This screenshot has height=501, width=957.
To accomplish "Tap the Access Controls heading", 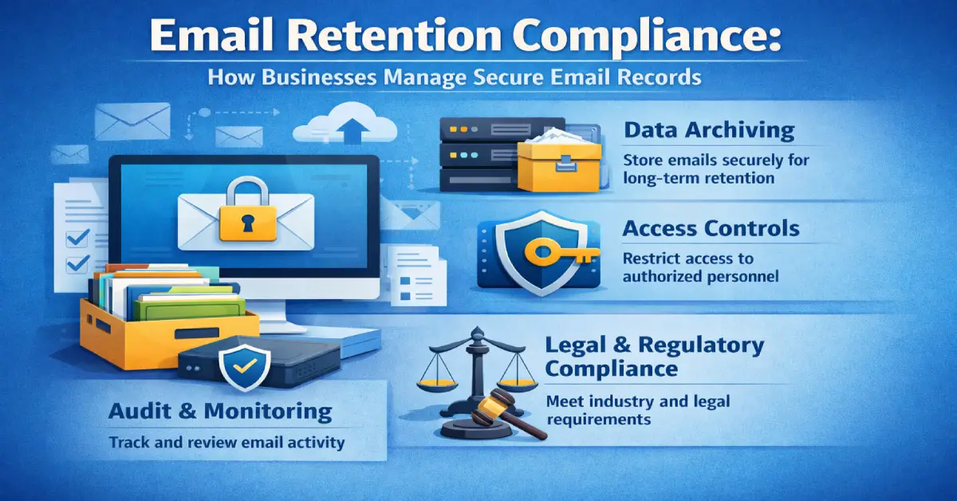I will (711, 229).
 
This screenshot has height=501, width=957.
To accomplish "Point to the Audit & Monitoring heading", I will (220, 412).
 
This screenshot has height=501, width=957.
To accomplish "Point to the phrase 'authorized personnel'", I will (699, 277).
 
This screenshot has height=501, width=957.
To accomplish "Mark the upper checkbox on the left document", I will (77, 237).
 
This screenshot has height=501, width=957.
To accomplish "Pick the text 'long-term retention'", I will (699, 178).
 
